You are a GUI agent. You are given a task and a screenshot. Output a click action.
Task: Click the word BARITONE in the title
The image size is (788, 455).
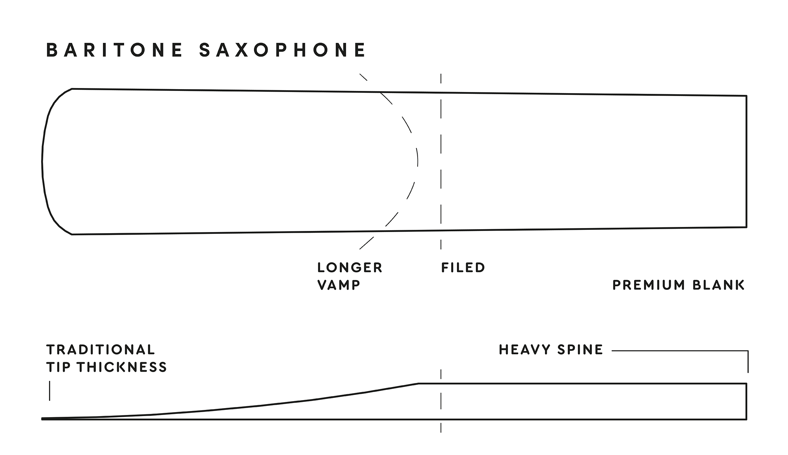(x=114, y=50)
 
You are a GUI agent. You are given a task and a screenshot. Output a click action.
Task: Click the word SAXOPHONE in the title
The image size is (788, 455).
(x=283, y=50)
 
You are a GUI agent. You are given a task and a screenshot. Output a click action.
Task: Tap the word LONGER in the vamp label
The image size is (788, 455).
(x=350, y=268)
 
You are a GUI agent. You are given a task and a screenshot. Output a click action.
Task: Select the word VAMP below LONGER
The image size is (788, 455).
(x=339, y=285)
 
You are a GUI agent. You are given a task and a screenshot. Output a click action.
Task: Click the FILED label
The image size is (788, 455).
(x=463, y=268)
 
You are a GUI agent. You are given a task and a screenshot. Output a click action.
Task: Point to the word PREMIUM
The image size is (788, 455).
(x=649, y=285)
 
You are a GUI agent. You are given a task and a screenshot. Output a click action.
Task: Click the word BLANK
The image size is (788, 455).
(x=719, y=285)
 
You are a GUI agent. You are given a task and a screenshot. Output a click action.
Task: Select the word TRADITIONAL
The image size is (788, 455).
(x=101, y=350)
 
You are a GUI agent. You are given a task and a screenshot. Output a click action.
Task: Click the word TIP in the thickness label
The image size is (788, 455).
(x=58, y=367)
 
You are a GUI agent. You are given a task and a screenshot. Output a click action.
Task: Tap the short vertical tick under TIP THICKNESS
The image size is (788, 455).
(x=49, y=391)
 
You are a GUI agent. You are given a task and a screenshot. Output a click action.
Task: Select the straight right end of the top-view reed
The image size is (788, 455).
(x=747, y=161)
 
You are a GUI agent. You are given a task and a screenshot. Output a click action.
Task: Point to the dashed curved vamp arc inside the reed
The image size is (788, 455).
(x=417, y=161)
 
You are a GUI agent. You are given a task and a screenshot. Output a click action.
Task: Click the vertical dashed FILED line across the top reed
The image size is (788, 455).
(x=441, y=161)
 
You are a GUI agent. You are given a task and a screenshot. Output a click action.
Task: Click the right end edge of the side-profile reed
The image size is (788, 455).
(x=747, y=401)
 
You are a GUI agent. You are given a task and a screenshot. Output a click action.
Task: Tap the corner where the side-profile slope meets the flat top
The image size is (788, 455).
(x=418, y=383)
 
